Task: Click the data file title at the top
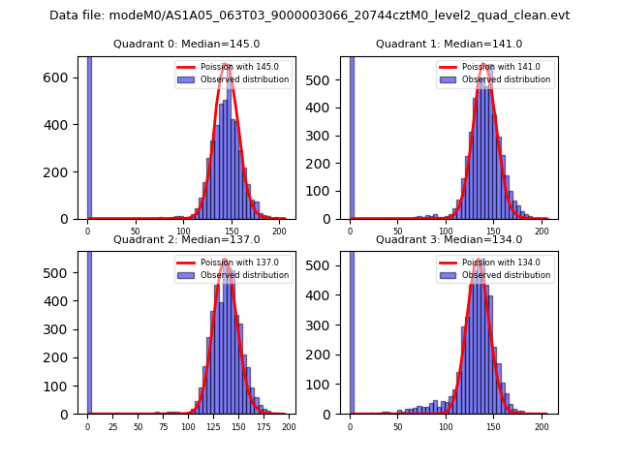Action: click(309, 15)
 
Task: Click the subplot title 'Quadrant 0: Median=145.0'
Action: click(186, 44)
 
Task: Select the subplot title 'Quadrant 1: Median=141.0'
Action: click(449, 44)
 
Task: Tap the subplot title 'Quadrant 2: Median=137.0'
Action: click(186, 239)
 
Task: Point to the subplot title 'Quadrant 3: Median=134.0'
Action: click(449, 239)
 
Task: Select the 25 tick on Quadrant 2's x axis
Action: click(112, 427)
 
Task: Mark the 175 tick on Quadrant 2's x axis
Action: click(263, 427)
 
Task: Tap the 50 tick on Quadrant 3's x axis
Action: click(398, 427)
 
